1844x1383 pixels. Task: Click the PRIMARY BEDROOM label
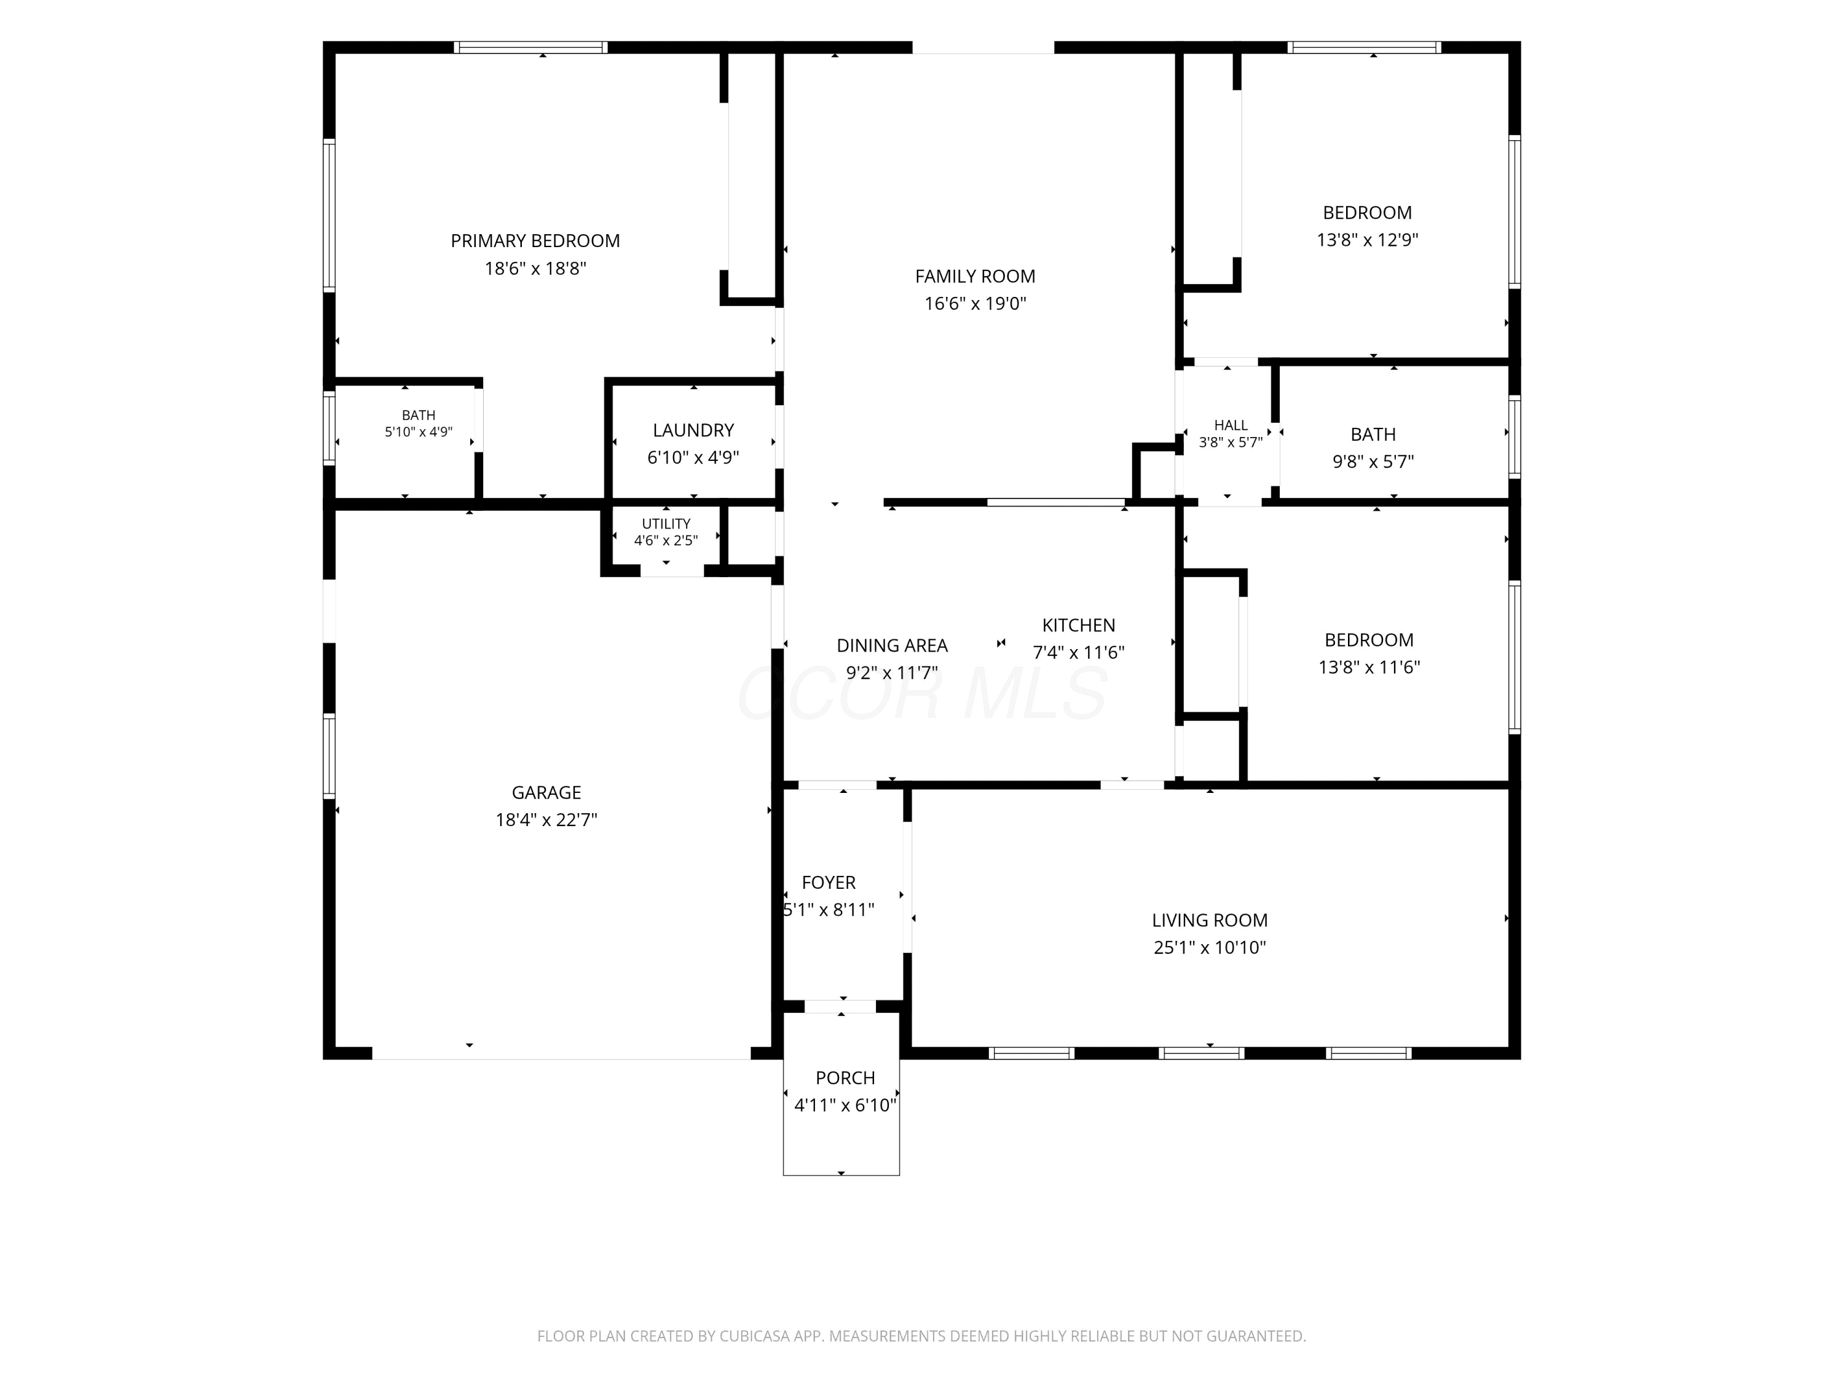tap(535, 241)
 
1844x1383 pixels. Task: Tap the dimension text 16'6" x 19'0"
tap(975, 304)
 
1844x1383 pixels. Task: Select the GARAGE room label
tap(546, 793)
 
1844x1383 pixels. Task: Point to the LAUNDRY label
tap(693, 430)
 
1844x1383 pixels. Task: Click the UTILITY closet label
tap(666, 524)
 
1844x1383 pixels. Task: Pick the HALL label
tap(1231, 425)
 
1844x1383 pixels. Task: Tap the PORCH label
tap(845, 1078)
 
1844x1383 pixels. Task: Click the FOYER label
tap(829, 882)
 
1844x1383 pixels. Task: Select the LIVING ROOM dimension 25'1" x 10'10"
tap(1210, 947)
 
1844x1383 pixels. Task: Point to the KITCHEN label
tap(1079, 625)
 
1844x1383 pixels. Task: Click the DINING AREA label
tap(892, 645)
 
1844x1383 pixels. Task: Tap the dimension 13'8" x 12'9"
tap(1367, 240)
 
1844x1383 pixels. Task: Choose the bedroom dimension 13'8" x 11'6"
tap(1369, 667)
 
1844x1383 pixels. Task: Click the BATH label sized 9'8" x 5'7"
tap(1373, 435)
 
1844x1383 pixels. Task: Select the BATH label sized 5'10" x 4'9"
tap(419, 415)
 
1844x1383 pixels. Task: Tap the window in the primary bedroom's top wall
tap(530, 47)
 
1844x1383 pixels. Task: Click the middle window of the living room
tap(1200, 1053)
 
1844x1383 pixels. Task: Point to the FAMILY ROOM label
tap(975, 277)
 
